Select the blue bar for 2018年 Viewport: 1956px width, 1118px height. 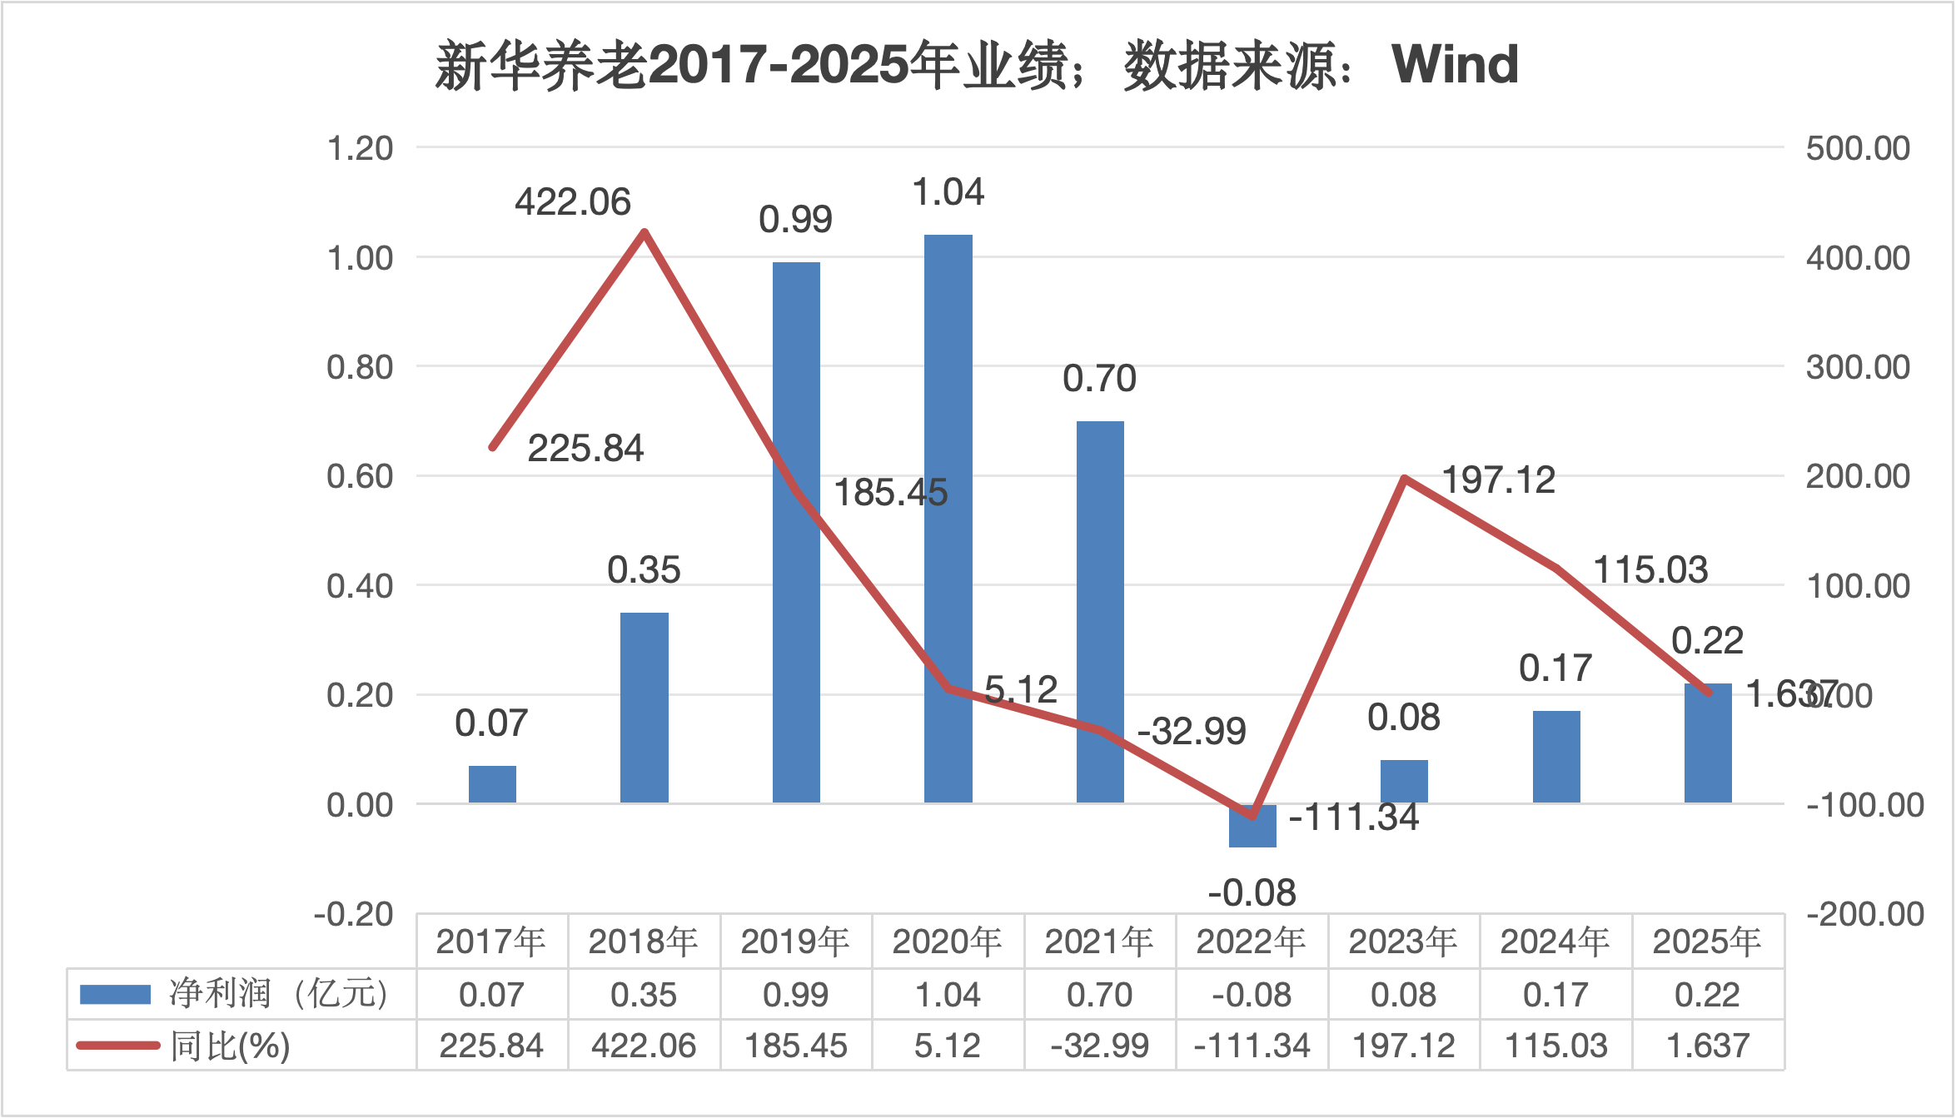(x=644, y=708)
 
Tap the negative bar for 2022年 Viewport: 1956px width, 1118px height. (x=1252, y=826)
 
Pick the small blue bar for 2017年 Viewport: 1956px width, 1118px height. (x=492, y=784)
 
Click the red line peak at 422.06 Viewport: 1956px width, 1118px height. (x=645, y=232)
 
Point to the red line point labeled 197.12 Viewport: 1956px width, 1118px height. (x=1405, y=479)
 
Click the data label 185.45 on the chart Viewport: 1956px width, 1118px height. (x=890, y=493)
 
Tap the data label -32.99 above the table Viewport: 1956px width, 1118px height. (x=1191, y=732)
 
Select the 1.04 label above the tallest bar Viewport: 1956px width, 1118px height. (x=948, y=192)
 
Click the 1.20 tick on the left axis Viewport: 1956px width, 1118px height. (x=360, y=148)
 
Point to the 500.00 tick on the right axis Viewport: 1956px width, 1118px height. (x=1858, y=148)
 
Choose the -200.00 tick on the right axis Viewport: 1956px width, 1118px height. (x=1864, y=914)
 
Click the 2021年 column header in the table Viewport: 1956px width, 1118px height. (x=1099, y=942)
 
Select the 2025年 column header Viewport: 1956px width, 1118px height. (x=1707, y=942)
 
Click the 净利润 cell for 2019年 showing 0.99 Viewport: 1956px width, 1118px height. (x=795, y=995)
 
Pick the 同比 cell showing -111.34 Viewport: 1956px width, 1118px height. (x=1252, y=1046)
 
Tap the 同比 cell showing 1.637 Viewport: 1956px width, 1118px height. (x=1707, y=1046)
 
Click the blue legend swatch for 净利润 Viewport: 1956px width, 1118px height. (x=115, y=994)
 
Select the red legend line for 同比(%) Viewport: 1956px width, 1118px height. (x=117, y=1046)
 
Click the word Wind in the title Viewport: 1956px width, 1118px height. (x=1455, y=64)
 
